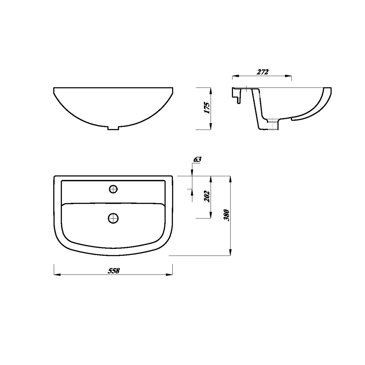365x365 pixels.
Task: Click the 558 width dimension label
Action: pyautogui.click(x=114, y=271)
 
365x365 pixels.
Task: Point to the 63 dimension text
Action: pyautogui.click(x=197, y=159)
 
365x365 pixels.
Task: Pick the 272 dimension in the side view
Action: pyautogui.click(x=262, y=72)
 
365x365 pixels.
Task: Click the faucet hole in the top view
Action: pyautogui.click(x=113, y=189)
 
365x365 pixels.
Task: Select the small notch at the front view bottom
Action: pyautogui.click(x=113, y=128)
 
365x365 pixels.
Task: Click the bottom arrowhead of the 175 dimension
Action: pyautogui.click(x=211, y=127)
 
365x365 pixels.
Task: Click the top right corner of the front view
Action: pyautogui.click(x=173, y=88)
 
